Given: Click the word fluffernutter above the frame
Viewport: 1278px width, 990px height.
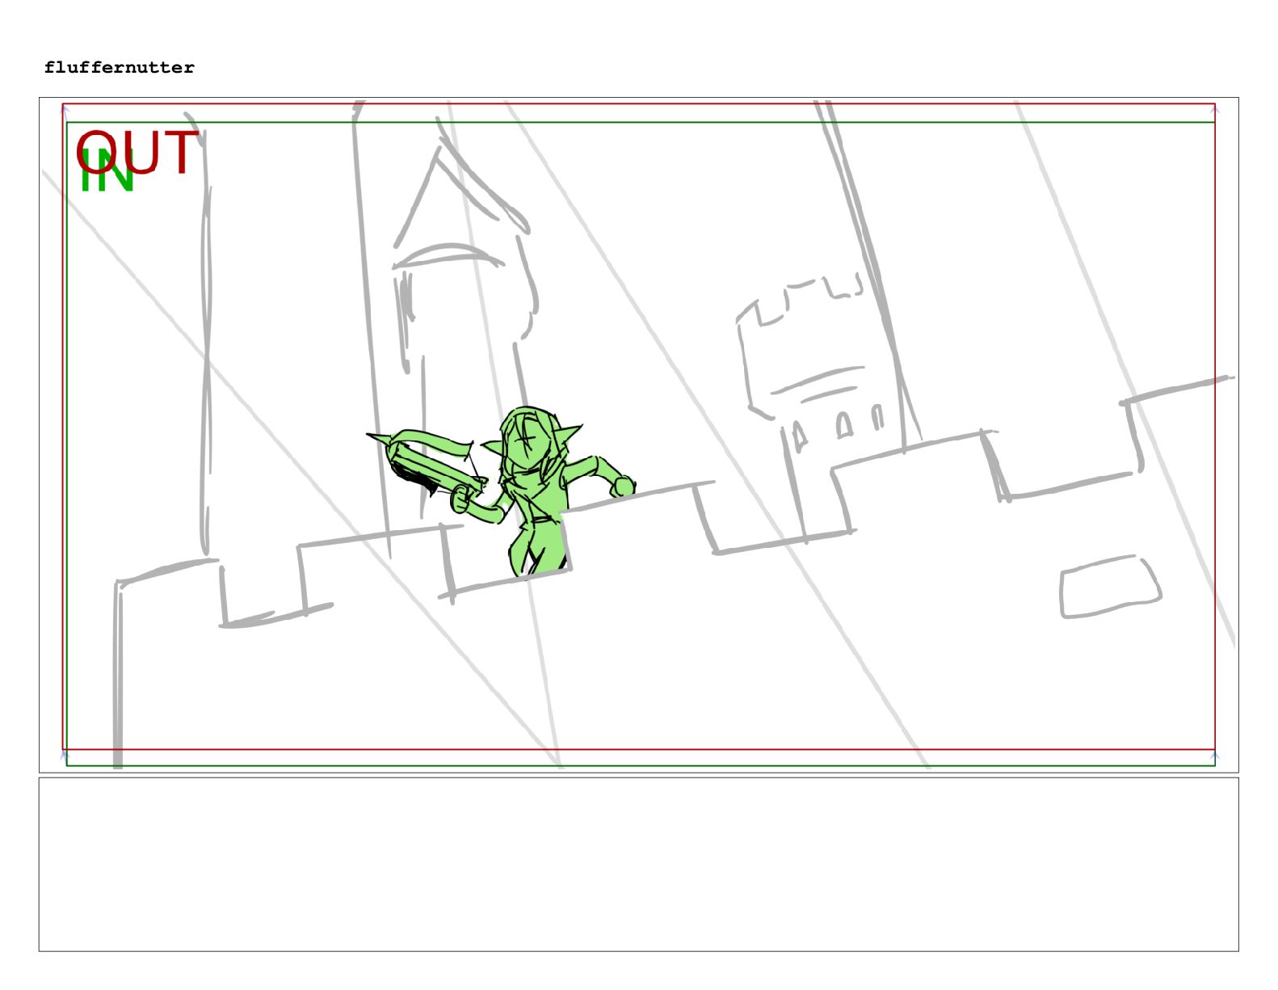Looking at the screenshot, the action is coord(120,68).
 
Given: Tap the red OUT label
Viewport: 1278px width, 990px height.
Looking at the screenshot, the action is coord(137,151).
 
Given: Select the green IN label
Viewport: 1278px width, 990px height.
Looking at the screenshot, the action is coord(107,170).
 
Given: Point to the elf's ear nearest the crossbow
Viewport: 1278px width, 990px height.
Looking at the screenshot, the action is coord(493,447).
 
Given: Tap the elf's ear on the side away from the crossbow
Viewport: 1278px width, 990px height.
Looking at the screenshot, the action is coord(568,436).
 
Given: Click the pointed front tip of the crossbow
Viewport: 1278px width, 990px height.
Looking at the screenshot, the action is coord(368,436).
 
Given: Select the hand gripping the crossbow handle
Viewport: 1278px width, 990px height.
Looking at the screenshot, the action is coord(460,499).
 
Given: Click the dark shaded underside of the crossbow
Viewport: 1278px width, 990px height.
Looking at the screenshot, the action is coord(414,476).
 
